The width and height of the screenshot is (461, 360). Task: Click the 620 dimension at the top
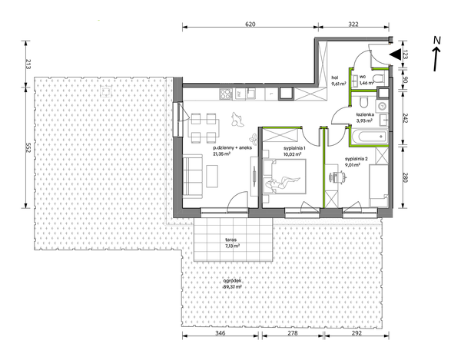(250, 24)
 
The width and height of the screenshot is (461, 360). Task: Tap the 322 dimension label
(353, 24)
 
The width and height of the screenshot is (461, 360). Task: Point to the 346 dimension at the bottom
(221, 333)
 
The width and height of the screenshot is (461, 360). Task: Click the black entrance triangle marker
(395, 54)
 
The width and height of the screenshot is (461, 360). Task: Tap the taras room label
(232, 239)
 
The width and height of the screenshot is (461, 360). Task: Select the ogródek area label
(232, 281)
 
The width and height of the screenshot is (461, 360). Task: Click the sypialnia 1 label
(294, 148)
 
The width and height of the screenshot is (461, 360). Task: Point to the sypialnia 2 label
(357, 159)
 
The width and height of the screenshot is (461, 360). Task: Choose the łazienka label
(365, 114)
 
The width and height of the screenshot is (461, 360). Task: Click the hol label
(334, 78)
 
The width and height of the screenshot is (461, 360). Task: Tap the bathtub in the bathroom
(369, 137)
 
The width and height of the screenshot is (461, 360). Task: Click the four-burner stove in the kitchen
(226, 94)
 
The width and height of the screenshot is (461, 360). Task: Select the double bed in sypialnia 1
(284, 177)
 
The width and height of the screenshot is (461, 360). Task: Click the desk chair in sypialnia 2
(337, 177)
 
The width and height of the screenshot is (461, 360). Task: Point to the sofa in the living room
(193, 176)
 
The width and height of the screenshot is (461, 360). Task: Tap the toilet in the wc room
(379, 78)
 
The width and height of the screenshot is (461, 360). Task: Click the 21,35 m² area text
(222, 153)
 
